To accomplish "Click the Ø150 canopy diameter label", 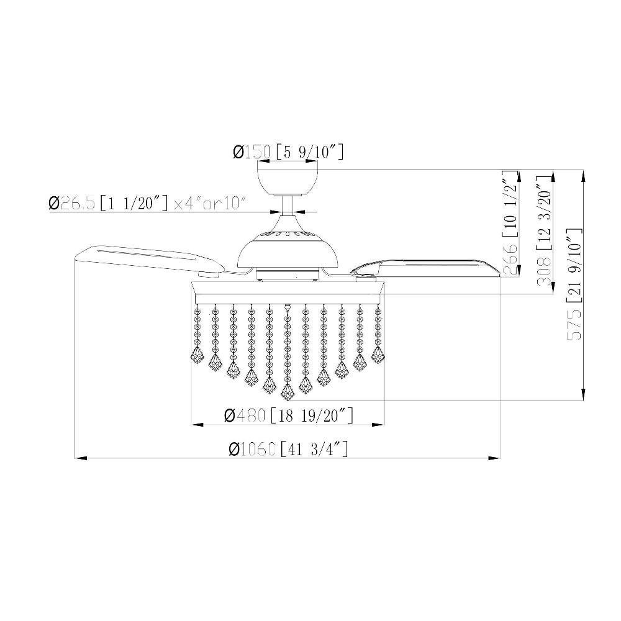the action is (x=252, y=152).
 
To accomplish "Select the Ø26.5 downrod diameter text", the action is (x=72, y=203).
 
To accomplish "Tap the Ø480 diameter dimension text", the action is (x=244, y=415).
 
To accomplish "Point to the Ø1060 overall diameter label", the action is (x=252, y=449).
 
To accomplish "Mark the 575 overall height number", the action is (x=575, y=324).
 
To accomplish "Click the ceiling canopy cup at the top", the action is (x=288, y=182).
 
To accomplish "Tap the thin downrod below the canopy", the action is (x=288, y=206).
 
